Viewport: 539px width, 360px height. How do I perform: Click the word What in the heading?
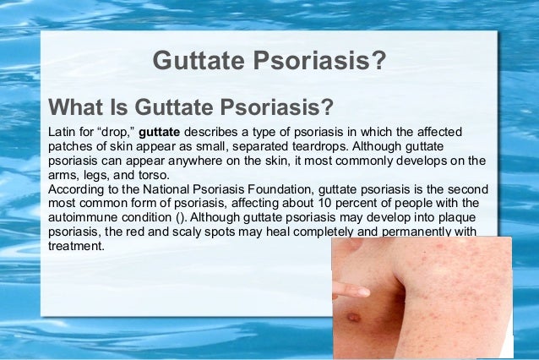click(x=77, y=109)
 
